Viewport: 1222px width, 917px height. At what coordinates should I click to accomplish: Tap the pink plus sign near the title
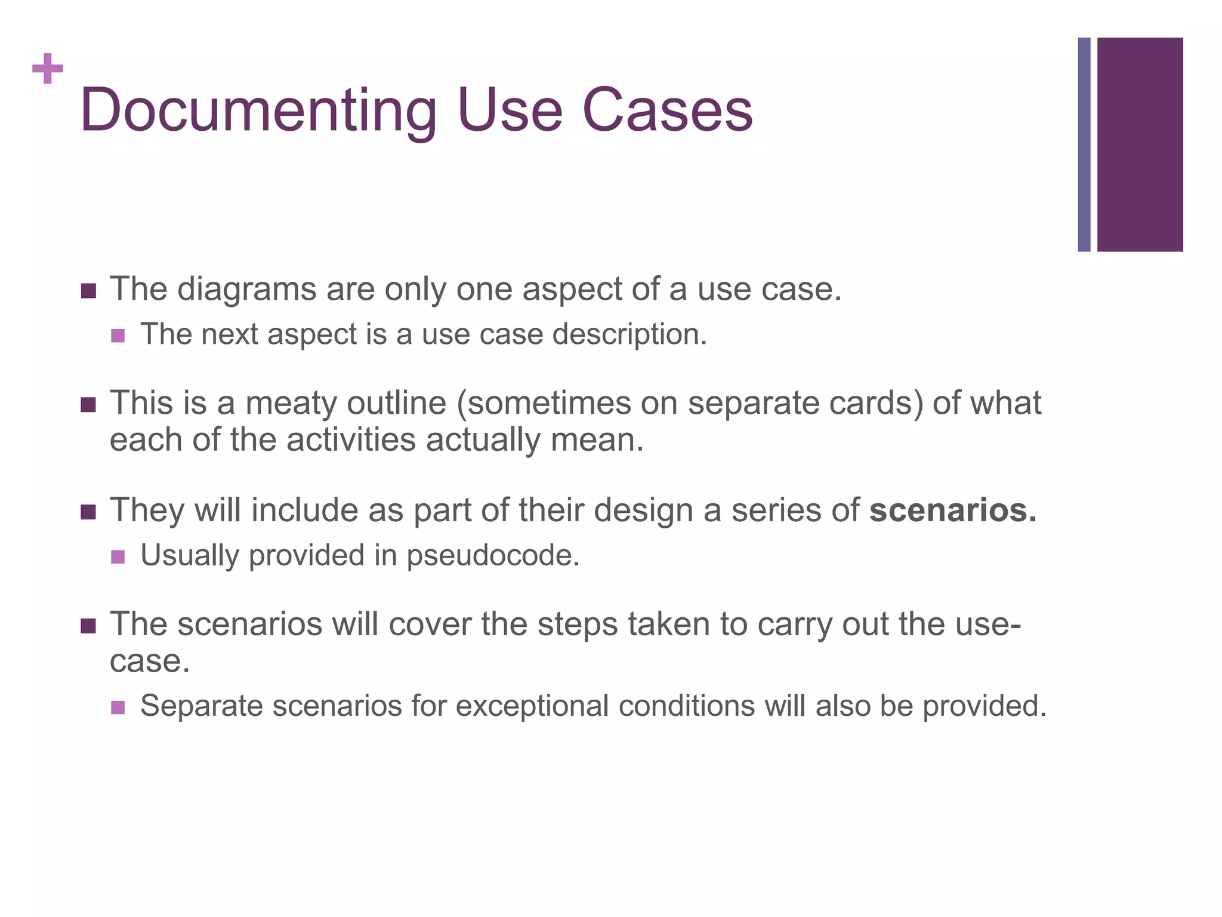pos(48,69)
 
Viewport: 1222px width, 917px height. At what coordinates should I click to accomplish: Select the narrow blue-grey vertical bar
pos(1084,144)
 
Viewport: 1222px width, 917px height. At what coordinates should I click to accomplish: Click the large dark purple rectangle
pos(1140,144)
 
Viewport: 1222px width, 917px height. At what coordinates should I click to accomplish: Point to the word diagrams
pos(246,290)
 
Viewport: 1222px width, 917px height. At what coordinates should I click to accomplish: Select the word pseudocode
pos(493,556)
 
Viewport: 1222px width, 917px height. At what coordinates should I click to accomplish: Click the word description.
pos(629,335)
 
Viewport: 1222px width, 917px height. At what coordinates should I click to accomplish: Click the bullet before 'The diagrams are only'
pos(88,291)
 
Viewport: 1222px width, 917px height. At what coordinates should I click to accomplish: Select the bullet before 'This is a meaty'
pos(88,405)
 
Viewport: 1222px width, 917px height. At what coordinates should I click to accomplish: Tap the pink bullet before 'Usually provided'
pos(118,557)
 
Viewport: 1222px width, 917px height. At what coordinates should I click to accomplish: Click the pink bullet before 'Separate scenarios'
pos(118,707)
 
